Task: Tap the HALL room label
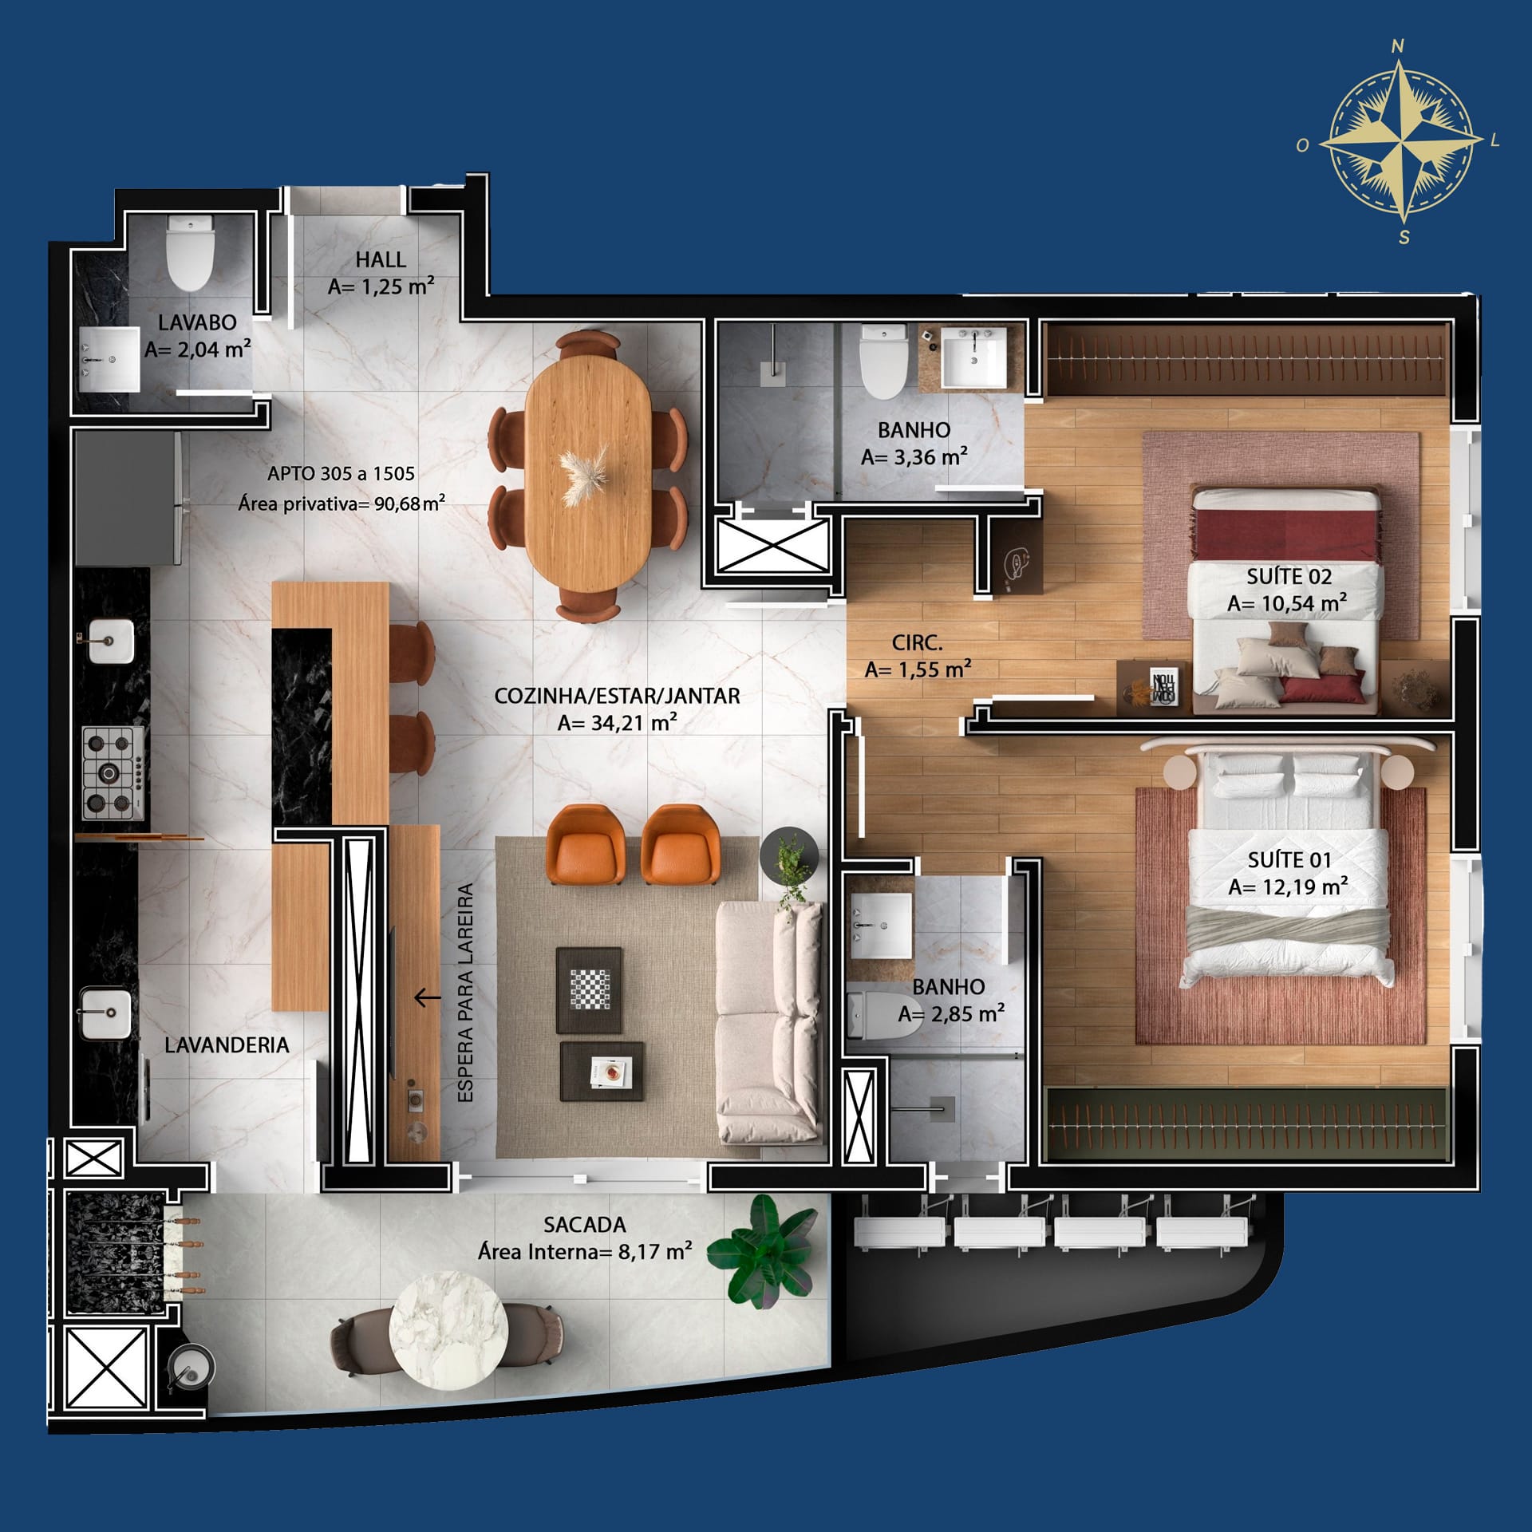381,259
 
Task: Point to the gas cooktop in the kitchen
113,772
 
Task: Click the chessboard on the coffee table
590,990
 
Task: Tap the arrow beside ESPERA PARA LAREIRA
428,997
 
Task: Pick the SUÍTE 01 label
1289,859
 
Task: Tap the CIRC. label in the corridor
917,642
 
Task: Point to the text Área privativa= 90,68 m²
342,503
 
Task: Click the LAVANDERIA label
227,1044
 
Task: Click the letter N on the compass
1397,46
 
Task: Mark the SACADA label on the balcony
585,1224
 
